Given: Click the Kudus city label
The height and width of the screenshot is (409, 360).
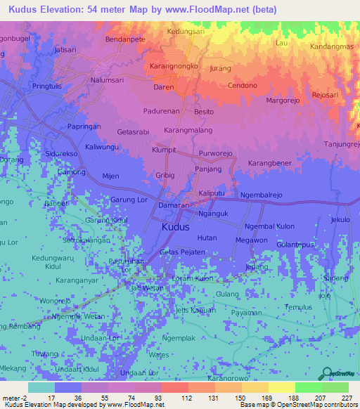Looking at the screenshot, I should tap(175, 228).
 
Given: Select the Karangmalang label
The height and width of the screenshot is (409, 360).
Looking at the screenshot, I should tap(188, 131).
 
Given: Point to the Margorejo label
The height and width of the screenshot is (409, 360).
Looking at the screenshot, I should tap(284, 100).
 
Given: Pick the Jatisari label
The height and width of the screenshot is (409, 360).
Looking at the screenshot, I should tap(65, 51).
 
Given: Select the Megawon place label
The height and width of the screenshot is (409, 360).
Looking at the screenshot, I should tap(252, 240).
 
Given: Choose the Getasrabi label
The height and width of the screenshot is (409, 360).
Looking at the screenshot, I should tap(134, 132).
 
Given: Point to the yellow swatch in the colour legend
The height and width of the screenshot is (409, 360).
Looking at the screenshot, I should tap(281, 387).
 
